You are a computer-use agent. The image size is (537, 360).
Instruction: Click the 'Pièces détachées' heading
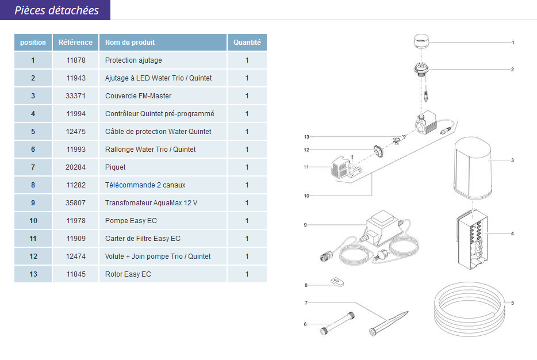(56, 10)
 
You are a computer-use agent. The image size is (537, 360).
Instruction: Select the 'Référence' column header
(75, 43)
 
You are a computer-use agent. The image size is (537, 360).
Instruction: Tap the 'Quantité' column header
(247, 43)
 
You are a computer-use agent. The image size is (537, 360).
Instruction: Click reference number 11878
(76, 60)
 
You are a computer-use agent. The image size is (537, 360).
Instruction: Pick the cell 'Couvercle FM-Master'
(138, 96)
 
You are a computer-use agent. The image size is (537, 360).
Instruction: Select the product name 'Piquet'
(115, 167)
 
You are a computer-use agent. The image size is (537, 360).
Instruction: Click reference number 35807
(75, 203)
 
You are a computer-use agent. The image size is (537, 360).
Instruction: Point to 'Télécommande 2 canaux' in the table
(145, 185)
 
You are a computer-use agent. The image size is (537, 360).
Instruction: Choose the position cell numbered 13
(33, 274)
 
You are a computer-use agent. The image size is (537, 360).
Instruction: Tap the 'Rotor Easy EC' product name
(128, 274)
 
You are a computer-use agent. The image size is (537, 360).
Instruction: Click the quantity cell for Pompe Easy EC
(247, 221)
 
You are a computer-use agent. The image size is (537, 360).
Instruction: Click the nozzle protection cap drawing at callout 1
(421, 42)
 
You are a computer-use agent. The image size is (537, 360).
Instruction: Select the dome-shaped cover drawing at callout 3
(473, 168)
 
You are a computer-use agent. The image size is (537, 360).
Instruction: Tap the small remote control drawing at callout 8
(337, 282)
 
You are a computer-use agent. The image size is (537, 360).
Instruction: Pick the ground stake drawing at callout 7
(389, 323)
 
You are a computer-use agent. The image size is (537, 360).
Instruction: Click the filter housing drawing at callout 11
(343, 167)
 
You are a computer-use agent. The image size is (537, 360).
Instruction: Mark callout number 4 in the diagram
(512, 233)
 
